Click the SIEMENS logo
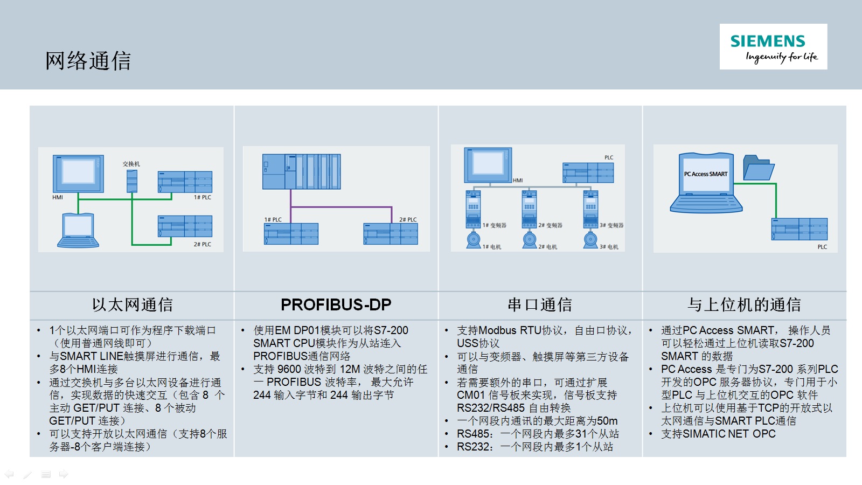(773, 46)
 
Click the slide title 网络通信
(88, 60)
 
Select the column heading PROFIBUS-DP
(336, 304)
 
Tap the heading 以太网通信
(132, 304)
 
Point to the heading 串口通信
(540, 304)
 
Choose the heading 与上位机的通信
(744, 304)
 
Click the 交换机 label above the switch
(131, 164)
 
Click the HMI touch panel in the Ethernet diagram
(78, 174)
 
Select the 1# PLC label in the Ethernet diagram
(203, 197)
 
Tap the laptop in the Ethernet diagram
(78, 230)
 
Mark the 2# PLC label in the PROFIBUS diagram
(408, 219)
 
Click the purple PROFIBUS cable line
(342, 207)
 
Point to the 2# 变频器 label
(550, 225)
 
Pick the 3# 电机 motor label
(609, 247)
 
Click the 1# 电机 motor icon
(474, 239)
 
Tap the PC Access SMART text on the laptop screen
(706, 174)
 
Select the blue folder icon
(759, 168)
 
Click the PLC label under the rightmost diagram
(822, 247)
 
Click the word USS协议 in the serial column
(478, 343)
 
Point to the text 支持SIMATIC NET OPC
(719, 434)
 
